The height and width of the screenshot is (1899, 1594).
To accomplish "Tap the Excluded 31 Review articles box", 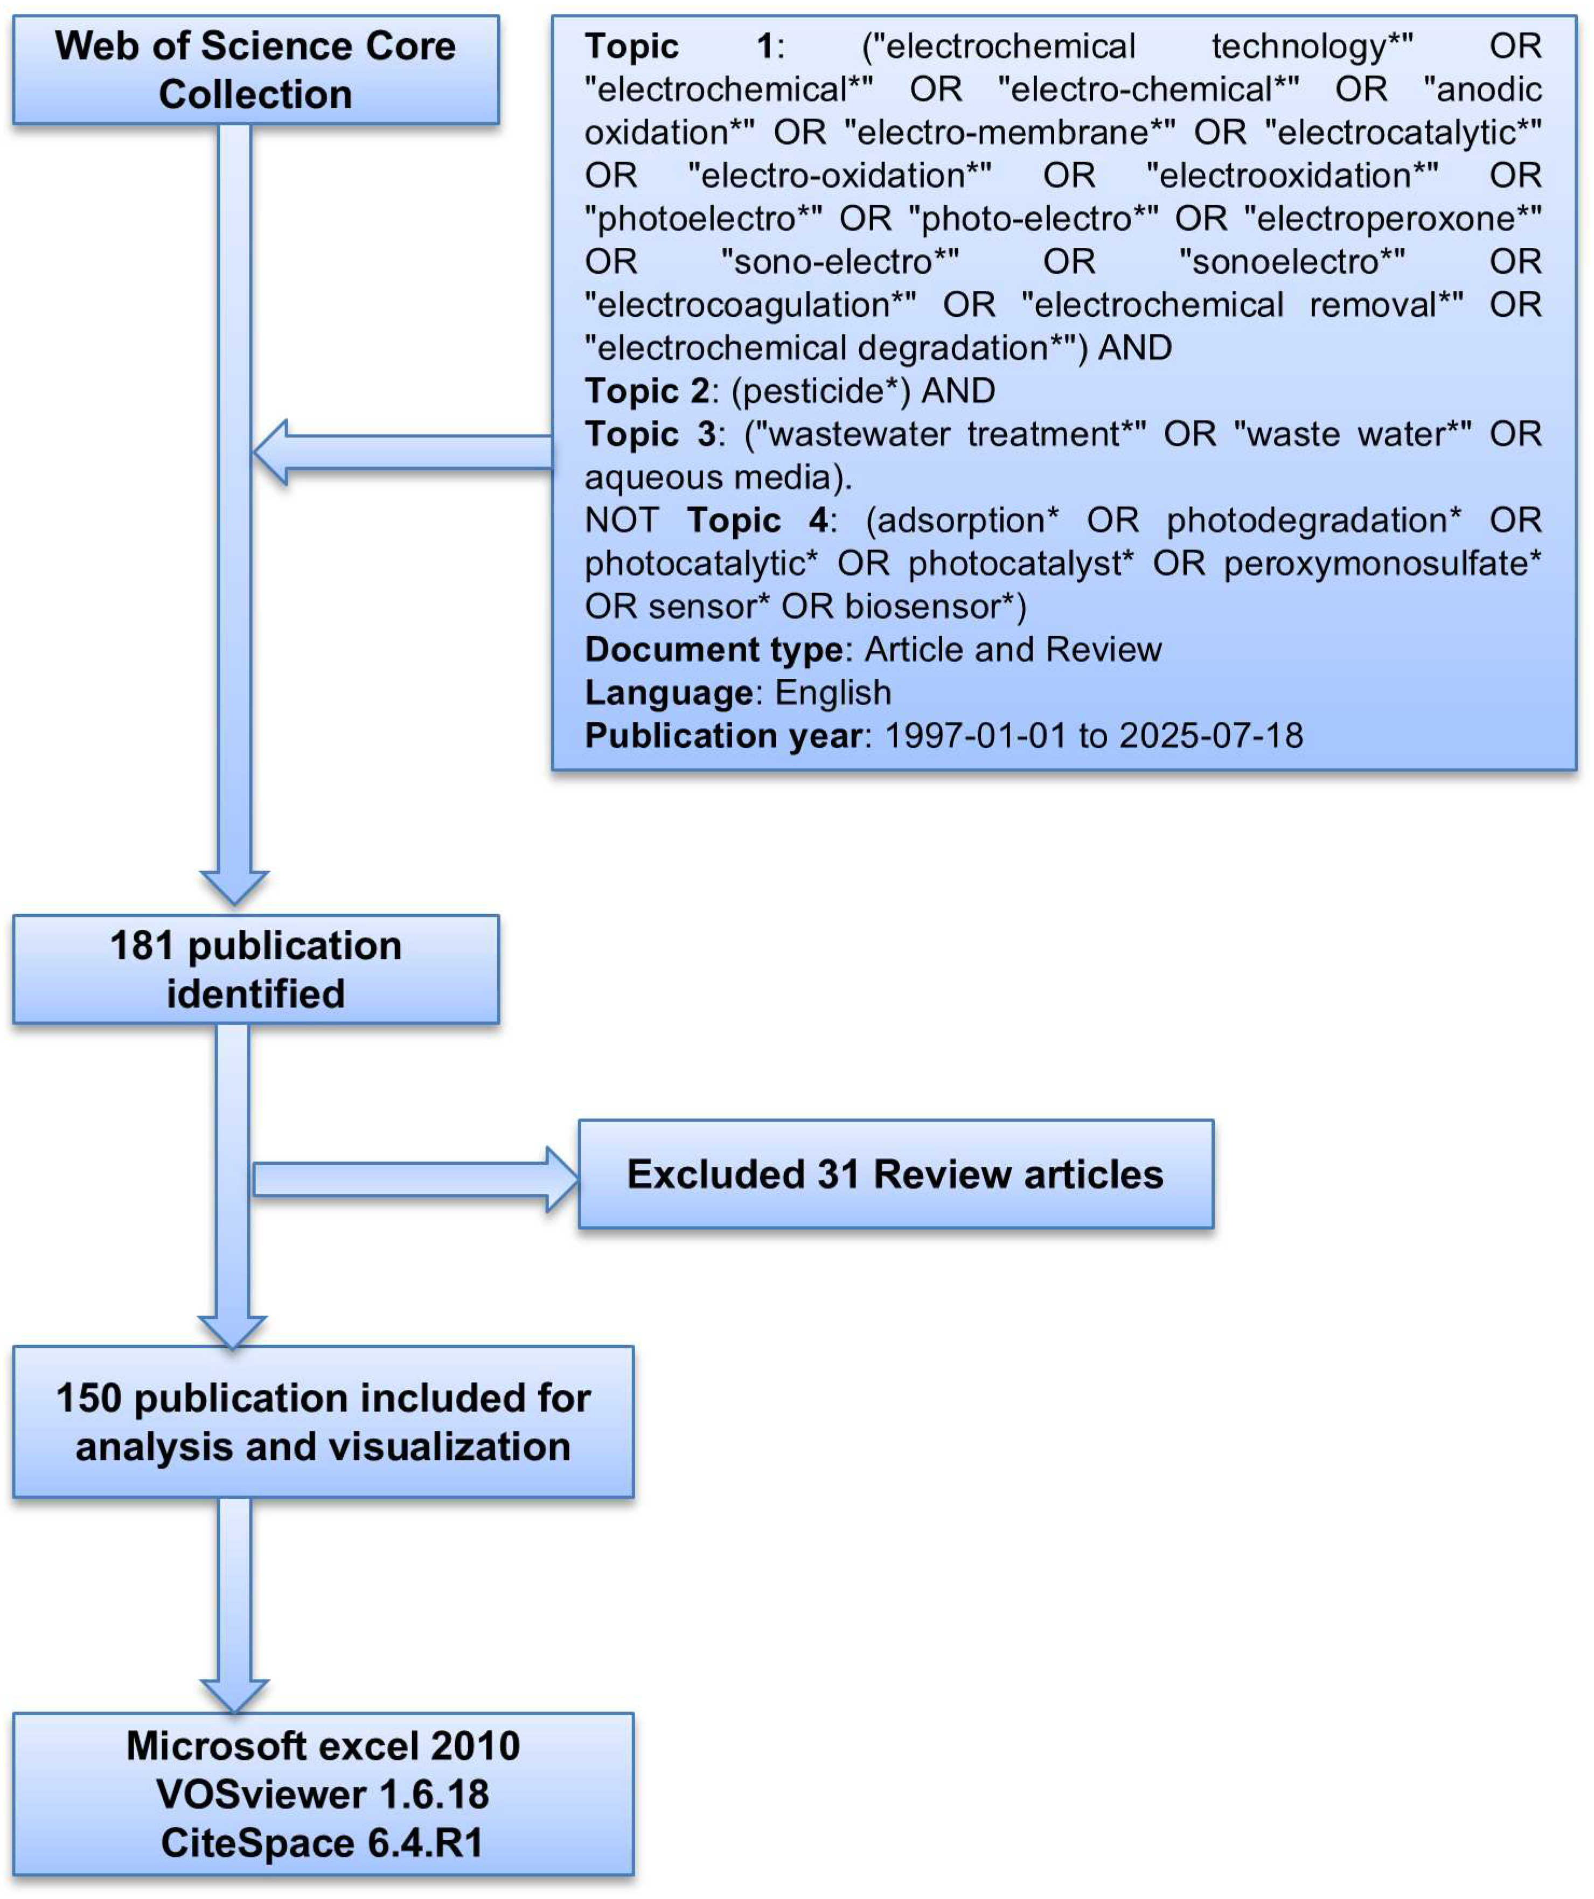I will pos(895,1174).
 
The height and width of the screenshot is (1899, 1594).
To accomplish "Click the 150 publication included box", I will pos(323,1422).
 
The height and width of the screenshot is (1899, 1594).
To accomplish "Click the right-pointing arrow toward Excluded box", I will pos(416,1179).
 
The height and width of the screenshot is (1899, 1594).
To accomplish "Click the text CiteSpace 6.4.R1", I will pos(323,1843).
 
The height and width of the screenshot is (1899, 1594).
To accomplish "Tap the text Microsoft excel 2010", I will pos(323,1745).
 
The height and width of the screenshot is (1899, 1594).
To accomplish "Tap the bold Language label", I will pos(668,693).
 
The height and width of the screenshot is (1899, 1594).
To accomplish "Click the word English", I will pos(833,693).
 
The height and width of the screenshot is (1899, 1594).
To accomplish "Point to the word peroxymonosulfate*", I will pos(1382,564).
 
